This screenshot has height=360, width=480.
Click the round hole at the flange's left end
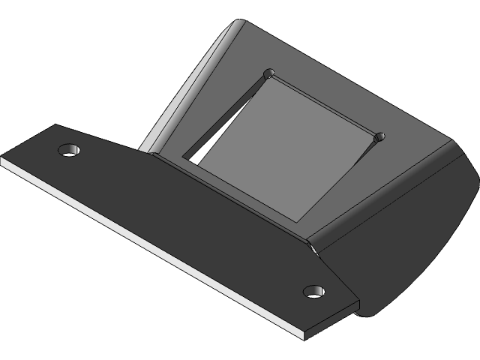pyautogui.click(x=69, y=149)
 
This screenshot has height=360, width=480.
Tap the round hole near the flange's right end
pyautogui.click(x=314, y=291)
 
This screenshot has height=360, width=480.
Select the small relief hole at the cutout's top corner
pyautogui.click(x=269, y=73)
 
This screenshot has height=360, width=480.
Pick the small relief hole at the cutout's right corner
pyautogui.click(x=379, y=136)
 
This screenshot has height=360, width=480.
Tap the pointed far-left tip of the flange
pyautogui.click(x=3, y=159)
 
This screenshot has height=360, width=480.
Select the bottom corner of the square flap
pyautogui.click(x=300, y=220)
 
